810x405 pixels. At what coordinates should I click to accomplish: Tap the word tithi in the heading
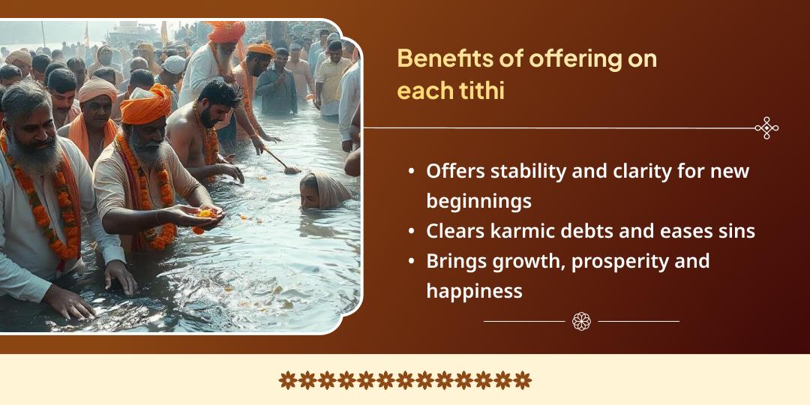[484, 91]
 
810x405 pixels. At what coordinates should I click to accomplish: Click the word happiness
[474, 291]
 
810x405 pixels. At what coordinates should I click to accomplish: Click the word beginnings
[478, 201]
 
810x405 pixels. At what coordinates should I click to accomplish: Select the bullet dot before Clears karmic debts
[411, 232]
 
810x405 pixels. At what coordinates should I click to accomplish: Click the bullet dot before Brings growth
[411, 262]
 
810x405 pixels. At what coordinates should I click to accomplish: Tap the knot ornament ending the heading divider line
[766, 128]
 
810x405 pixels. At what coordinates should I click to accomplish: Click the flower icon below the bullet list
[581, 321]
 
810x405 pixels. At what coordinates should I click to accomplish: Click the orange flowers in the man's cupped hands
[204, 213]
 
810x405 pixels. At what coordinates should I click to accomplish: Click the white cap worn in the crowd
[174, 65]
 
